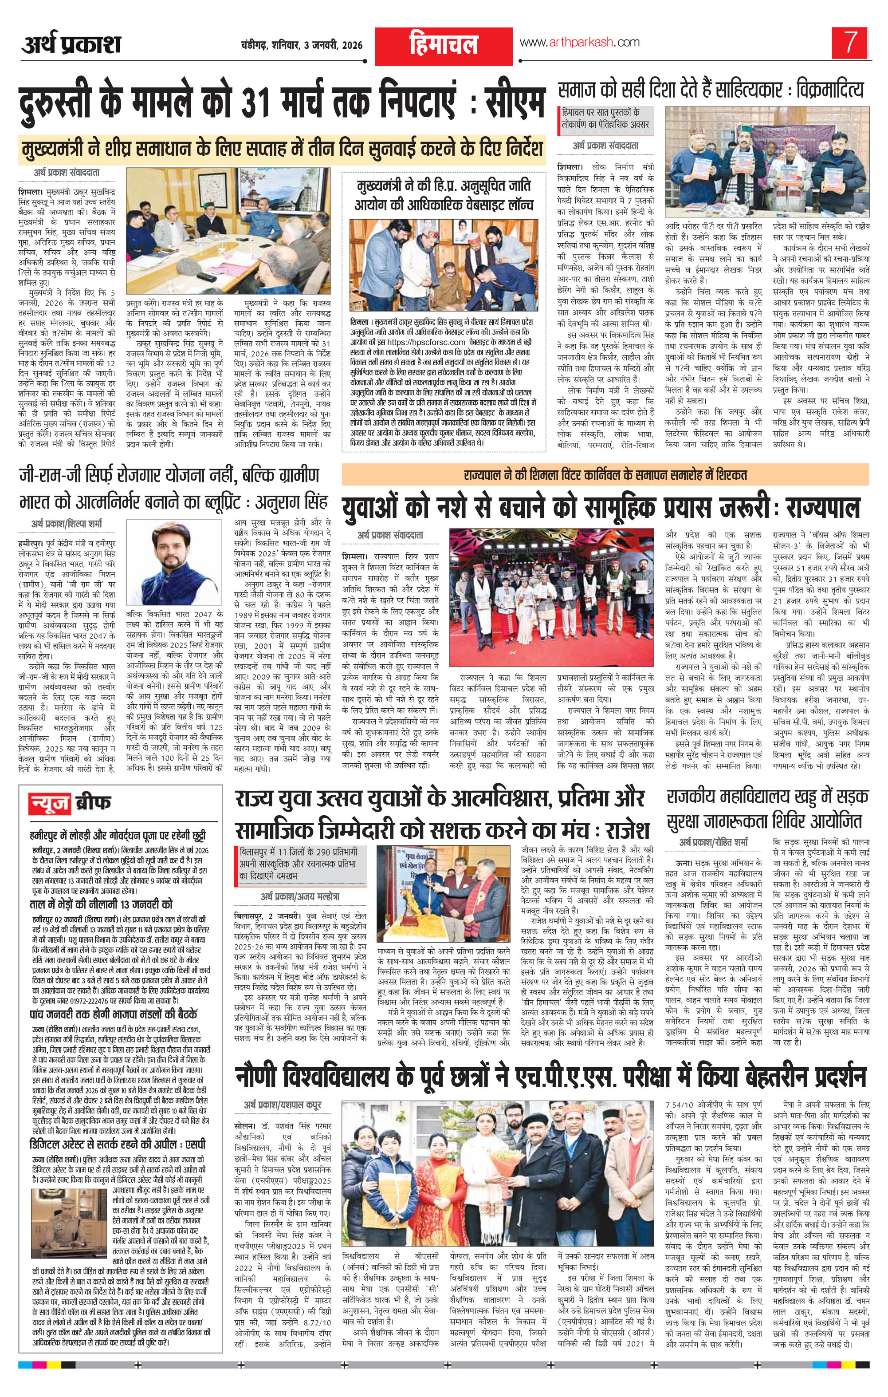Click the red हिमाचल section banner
click(443, 46)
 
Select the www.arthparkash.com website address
click(579, 42)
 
